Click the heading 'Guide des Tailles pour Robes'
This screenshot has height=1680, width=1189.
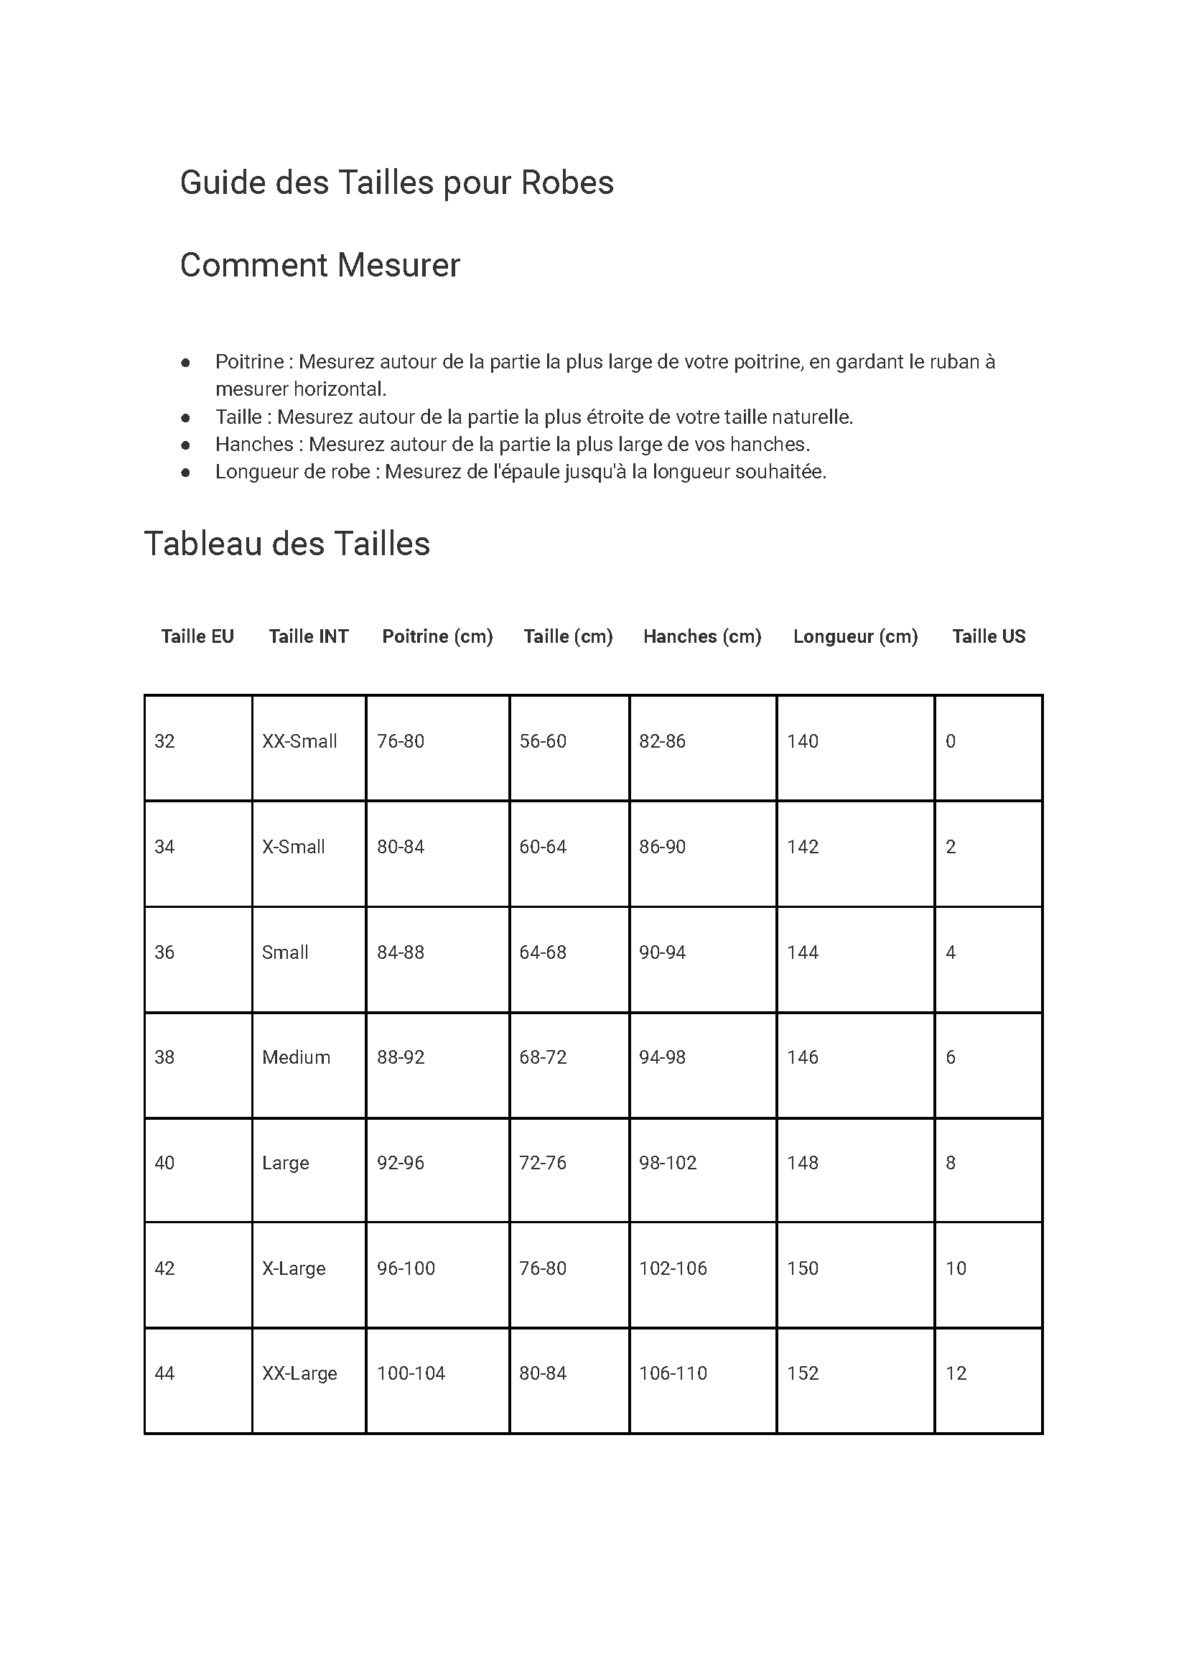396,182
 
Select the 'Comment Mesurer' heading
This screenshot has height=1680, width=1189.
320,265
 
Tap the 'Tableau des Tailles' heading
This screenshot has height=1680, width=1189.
286,544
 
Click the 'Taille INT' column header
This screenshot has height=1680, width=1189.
308,636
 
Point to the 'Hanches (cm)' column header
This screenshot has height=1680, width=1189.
702,636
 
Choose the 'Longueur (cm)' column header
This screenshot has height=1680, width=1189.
855,636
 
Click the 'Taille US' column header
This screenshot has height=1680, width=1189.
989,636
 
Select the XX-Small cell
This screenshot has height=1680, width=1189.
299,741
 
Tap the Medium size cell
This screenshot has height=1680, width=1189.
296,1057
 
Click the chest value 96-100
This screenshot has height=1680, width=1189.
406,1268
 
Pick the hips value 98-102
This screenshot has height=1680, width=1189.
668,1163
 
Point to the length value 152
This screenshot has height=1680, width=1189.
803,1373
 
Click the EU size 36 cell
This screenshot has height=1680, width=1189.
164,952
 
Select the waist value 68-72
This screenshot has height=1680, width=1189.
543,1057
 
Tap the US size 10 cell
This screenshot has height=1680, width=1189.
956,1268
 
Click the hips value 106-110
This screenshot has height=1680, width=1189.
673,1373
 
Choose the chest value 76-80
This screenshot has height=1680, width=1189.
401,741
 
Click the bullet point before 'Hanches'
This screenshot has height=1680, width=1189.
186,445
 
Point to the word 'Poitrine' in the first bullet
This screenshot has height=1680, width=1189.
249,362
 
